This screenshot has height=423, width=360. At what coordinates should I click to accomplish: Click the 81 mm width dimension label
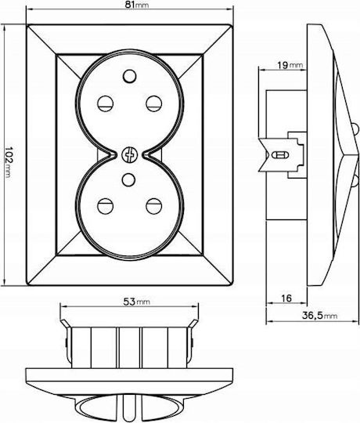[137, 5]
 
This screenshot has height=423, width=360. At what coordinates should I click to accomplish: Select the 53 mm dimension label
[136, 302]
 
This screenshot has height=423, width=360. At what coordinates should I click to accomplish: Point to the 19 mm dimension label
[290, 65]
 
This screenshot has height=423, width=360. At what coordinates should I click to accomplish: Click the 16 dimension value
[286, 298]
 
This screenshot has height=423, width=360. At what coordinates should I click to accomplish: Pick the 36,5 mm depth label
[319, 316]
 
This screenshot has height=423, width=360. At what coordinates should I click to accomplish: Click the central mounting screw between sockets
[129, 155]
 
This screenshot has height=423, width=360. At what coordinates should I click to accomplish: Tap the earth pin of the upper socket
[129, 76]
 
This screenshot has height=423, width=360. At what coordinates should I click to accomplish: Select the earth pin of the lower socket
[128, 179]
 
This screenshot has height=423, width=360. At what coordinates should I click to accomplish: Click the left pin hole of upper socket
[105, 103]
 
